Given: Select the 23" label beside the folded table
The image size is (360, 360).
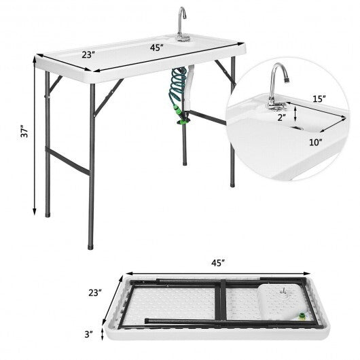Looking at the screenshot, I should point(94,294).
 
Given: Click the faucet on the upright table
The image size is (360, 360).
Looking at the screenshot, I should point(181,20).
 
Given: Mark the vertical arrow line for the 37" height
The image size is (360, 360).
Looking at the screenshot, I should point(34,136).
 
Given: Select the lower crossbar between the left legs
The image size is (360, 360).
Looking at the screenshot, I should point(67,160).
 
